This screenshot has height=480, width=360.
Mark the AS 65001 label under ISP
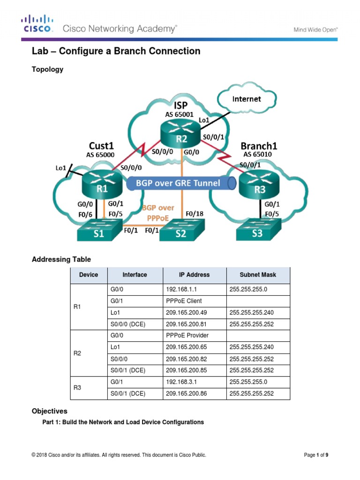click(180, 114)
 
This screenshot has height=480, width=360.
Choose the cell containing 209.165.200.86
click(186, 394)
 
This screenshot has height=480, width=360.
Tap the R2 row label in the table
click(78, 353)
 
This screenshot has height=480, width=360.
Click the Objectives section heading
click(49, 411)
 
